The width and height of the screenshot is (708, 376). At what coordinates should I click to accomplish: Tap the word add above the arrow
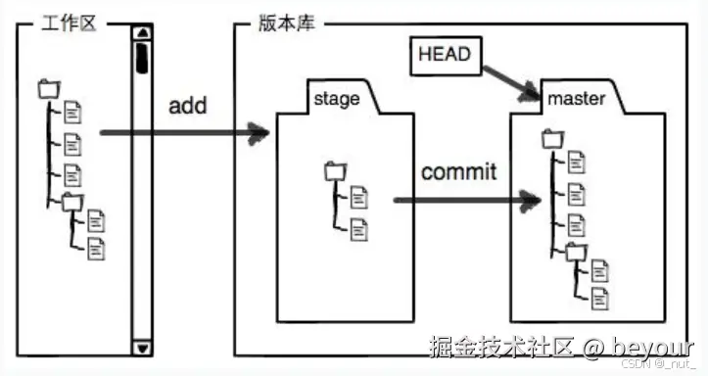pos(187,106)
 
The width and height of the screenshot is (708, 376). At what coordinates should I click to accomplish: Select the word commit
pos(458,173)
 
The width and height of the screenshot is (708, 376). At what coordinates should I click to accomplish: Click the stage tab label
pos(336,99)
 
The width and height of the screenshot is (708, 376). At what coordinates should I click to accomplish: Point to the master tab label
pos(576,99)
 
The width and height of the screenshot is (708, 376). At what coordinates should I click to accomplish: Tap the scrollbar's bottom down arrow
pos(142,347)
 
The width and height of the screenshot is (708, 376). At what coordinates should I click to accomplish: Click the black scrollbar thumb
pos(142,56)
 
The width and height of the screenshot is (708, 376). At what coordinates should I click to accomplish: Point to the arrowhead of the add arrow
pos(260,132)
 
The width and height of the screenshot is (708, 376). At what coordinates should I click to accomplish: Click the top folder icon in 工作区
pos(48,88)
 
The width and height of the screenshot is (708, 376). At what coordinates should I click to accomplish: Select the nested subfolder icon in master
pos(576,252)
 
